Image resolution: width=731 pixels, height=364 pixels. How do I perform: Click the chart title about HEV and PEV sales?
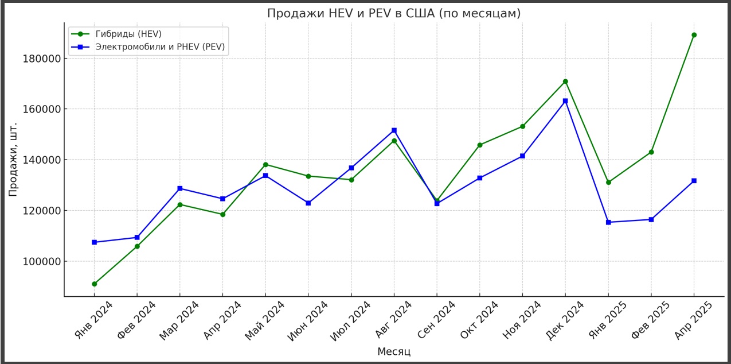tap(394, 13)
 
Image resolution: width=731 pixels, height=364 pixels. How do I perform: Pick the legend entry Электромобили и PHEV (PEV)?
tap(159, 47)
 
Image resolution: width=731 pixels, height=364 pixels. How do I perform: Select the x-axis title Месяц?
tap(394, 351)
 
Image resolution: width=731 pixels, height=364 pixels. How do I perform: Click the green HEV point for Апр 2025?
tap(694, 35)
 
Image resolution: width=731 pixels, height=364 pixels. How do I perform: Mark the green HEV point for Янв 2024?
tap(94, 284)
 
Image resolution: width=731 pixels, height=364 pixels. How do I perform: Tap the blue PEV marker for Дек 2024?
tap(565, 101)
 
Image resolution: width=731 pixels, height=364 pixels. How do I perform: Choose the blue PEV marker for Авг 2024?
tap(394, 130)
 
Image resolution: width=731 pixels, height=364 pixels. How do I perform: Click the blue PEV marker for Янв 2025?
tap(608, 222)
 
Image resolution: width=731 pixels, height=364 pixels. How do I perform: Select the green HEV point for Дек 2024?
tap(565, 82)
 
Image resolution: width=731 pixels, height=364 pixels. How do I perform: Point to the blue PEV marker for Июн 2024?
tap(308, 203)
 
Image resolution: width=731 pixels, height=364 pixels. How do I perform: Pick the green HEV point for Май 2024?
tap(265, 165)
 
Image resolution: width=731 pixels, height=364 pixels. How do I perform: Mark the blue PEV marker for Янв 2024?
tap(94, 242)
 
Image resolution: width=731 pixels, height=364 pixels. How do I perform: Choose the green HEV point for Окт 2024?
tap(480, 145)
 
